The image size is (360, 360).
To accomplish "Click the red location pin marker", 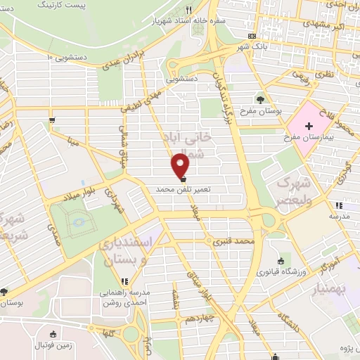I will (181, 166).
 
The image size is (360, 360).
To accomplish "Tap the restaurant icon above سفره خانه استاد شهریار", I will (188, 10).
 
